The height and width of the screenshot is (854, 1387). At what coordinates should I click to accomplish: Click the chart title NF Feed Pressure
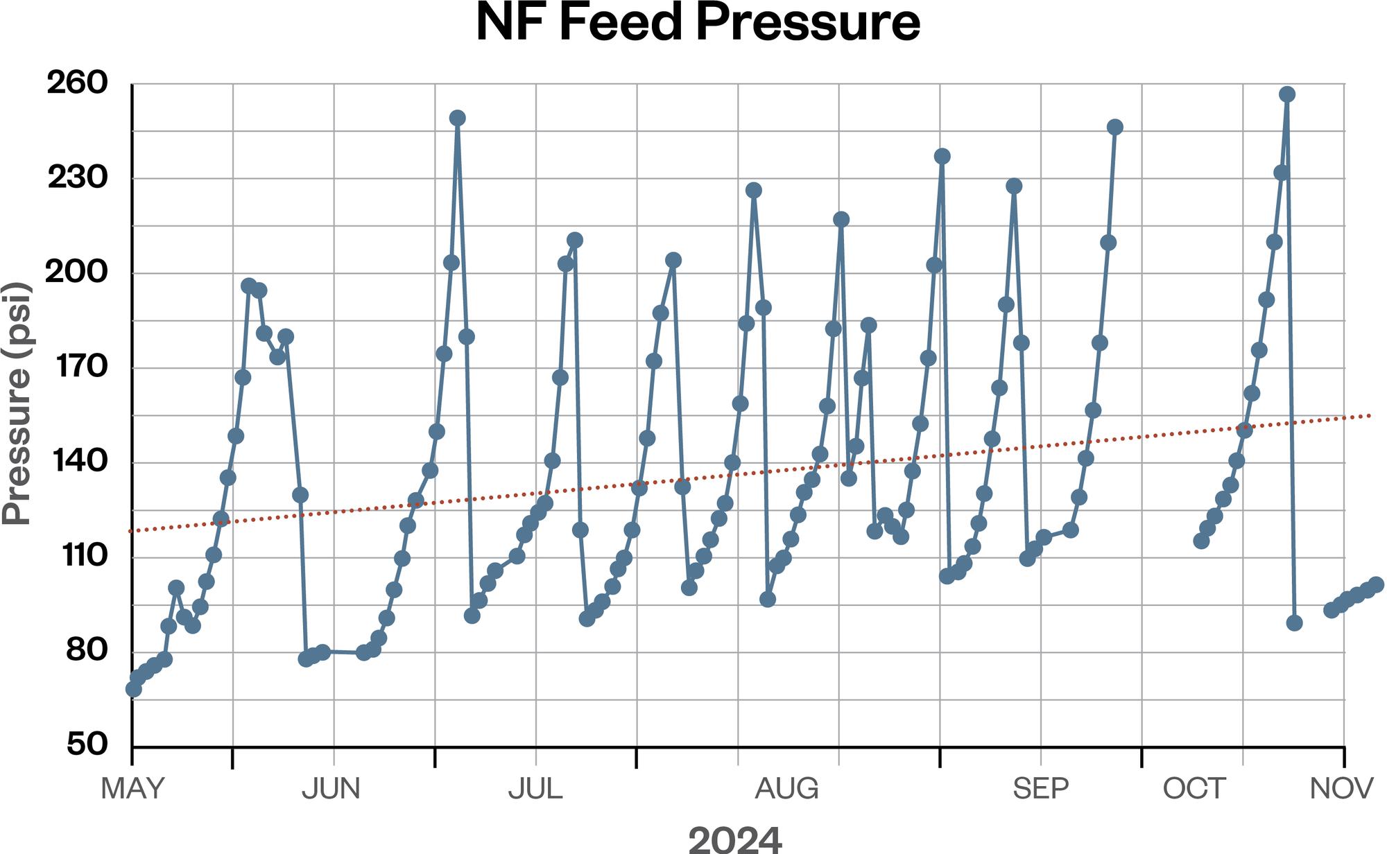[x=698, y=24]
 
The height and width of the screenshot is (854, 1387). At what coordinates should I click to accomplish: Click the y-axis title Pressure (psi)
[x=17, y=404]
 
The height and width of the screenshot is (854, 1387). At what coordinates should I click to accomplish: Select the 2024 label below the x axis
[x=735, y=839]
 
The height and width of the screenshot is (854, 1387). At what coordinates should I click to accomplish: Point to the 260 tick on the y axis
[x=78, y=84]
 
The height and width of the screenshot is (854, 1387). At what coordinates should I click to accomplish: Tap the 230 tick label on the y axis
[x=78, y=179]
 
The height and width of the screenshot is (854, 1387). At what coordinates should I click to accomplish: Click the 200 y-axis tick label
[x=78, y=273]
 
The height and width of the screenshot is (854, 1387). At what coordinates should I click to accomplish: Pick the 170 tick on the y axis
[x=78, y=367]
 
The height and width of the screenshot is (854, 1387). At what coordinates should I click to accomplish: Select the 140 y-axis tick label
[x=78, y=462]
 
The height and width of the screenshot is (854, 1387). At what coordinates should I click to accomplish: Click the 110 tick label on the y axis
[x=78, y=557]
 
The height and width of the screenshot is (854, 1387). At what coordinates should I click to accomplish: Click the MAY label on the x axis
[x=132, y=789]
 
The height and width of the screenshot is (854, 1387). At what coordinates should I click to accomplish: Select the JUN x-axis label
[x=331, y=789]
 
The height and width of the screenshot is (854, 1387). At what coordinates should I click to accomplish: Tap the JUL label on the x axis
[x=535, y=789]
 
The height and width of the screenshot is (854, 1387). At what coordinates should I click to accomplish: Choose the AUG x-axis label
[x=787, y=789]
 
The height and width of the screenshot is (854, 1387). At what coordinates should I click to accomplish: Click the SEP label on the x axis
[x=1041, y=789]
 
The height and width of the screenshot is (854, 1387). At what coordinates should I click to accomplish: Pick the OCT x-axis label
[x=1194, y=789]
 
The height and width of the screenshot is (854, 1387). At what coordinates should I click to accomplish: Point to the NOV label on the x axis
[x=1342, y=789]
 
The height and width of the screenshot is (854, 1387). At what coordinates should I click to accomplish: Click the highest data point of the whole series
[x=1287, y=94]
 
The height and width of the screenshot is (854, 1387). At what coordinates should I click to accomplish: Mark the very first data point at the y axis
[x=134, y=689]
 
